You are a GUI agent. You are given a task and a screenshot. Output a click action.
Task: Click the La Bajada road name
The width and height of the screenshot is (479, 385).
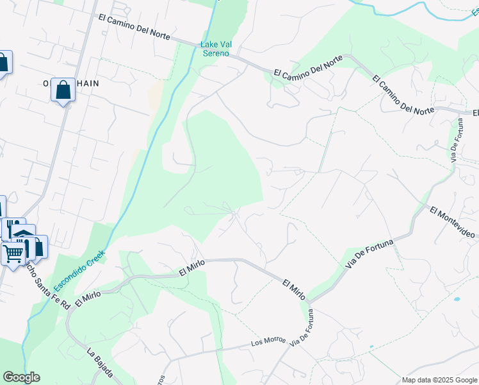click(101, 364)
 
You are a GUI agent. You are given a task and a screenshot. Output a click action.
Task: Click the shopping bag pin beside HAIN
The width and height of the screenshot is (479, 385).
click(63, 90)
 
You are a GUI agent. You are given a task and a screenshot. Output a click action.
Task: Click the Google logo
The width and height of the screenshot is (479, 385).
click(21, 377)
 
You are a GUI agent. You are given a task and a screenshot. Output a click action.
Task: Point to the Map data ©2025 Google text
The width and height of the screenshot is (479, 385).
click(439, 380)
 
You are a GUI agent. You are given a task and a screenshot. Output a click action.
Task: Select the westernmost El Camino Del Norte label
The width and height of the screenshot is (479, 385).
click(134, 26)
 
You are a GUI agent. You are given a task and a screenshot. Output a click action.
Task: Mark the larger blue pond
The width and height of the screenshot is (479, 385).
click(456, 299)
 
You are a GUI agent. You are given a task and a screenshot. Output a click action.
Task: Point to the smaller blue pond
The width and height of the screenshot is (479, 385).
click(371, 347)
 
